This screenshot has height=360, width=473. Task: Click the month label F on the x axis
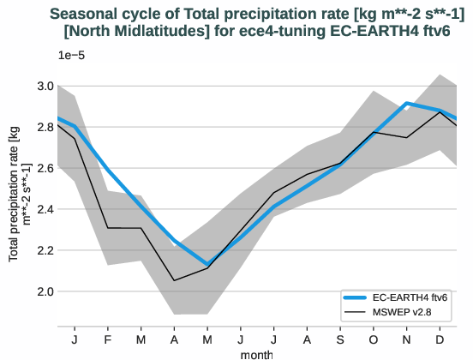108,339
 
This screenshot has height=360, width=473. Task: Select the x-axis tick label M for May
207,339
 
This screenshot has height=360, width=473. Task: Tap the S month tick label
340,339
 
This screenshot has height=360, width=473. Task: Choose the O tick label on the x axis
374,339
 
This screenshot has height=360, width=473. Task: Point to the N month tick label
407,339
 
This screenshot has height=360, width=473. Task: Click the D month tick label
440,339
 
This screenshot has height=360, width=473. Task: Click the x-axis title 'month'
257,353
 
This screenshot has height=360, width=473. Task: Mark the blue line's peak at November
407,103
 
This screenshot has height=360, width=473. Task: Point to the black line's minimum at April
174,280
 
